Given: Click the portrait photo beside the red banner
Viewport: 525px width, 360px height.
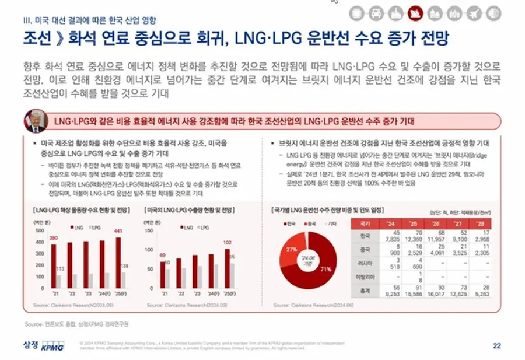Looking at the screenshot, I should (x=36, y=121).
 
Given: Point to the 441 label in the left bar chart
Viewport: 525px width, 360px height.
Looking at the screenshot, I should (x=118, y=232).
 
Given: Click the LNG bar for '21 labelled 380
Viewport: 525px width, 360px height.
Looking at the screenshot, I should (x=54, y=266).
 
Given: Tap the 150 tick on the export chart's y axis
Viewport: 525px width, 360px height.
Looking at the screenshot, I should (x=149, y=231).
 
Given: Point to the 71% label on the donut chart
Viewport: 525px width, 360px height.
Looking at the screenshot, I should (x=326, y=269).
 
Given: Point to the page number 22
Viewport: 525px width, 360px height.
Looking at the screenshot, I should (x=497, y=345).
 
